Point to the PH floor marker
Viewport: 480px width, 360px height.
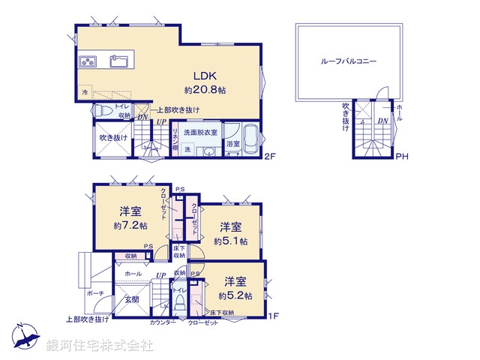(402, 157)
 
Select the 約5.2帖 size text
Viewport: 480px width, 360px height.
(235, 295)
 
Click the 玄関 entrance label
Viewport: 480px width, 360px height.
(132, 300)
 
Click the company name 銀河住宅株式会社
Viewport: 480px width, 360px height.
(99, 346)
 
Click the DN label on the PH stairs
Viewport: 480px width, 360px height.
(382, 121)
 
